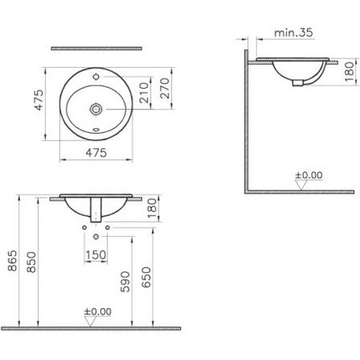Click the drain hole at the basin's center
[97, 109]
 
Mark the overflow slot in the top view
[97, 130]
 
